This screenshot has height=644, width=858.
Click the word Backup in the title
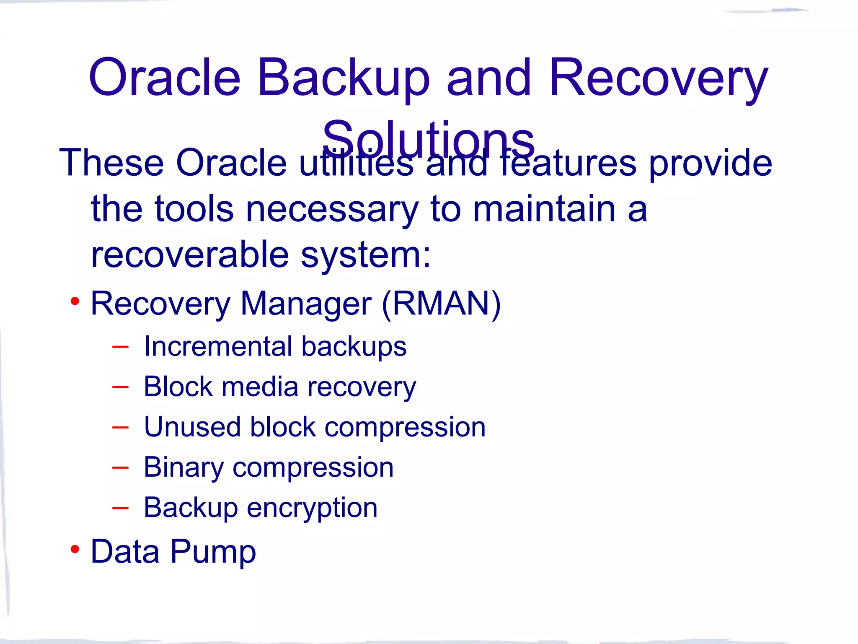(x=344, y=78)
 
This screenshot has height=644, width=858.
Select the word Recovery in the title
(x=659, y=78)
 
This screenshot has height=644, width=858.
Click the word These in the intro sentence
(x=111, y=163)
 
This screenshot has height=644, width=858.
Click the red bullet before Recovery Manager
(x=75, y=301)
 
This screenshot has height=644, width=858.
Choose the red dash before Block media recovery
(x=120, y=387)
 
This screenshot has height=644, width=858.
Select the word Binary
(x=183, y=467)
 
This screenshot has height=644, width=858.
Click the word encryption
(x=312, y=508)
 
